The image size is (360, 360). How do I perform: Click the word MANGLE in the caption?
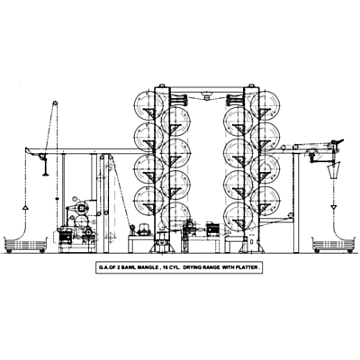[x=145, y=267]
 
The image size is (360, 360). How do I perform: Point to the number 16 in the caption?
[x=164, y=267]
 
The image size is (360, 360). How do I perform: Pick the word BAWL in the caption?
[x=127, y=267]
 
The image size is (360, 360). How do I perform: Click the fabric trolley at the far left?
[x=26, y=245]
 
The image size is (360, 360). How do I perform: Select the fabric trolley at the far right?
[x=333, y=245]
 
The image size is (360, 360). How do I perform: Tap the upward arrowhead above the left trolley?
[x=25, y=207]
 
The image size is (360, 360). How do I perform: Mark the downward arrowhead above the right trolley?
[x=334, y=207]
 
